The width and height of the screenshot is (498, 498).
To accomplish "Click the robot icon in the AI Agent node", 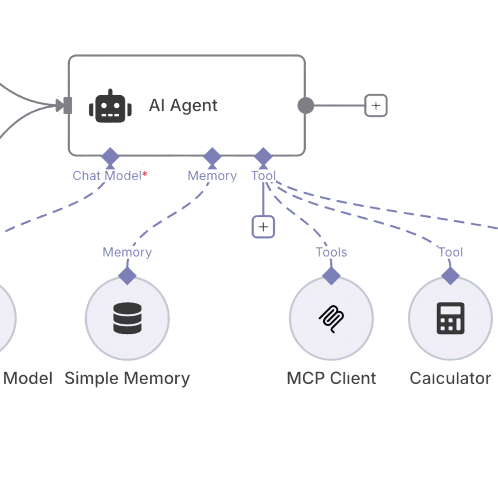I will point(110,106).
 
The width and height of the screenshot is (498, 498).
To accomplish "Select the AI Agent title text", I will point(183,106).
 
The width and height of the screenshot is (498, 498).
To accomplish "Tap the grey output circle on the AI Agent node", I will point(305,106).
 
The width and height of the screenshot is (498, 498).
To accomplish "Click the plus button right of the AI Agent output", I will point(376,106).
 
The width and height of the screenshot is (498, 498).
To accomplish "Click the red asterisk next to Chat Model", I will point(145,174).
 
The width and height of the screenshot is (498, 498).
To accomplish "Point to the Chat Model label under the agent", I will point(107,176).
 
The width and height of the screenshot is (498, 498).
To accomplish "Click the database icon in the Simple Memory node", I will point(127,318).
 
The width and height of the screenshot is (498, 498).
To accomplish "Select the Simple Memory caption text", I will point(127,378).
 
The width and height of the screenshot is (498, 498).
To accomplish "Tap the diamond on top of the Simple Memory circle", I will point(127,276).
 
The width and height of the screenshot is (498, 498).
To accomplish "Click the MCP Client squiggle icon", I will point(332,318).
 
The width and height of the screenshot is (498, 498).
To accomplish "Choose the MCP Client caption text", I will point(332,378).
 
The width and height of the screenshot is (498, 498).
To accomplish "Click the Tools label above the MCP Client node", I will point(332,252).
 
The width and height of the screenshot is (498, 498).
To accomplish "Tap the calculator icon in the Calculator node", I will point(451,318).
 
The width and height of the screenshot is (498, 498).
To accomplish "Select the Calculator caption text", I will point(451,378).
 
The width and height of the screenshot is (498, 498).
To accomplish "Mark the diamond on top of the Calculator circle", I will point(451,276).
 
